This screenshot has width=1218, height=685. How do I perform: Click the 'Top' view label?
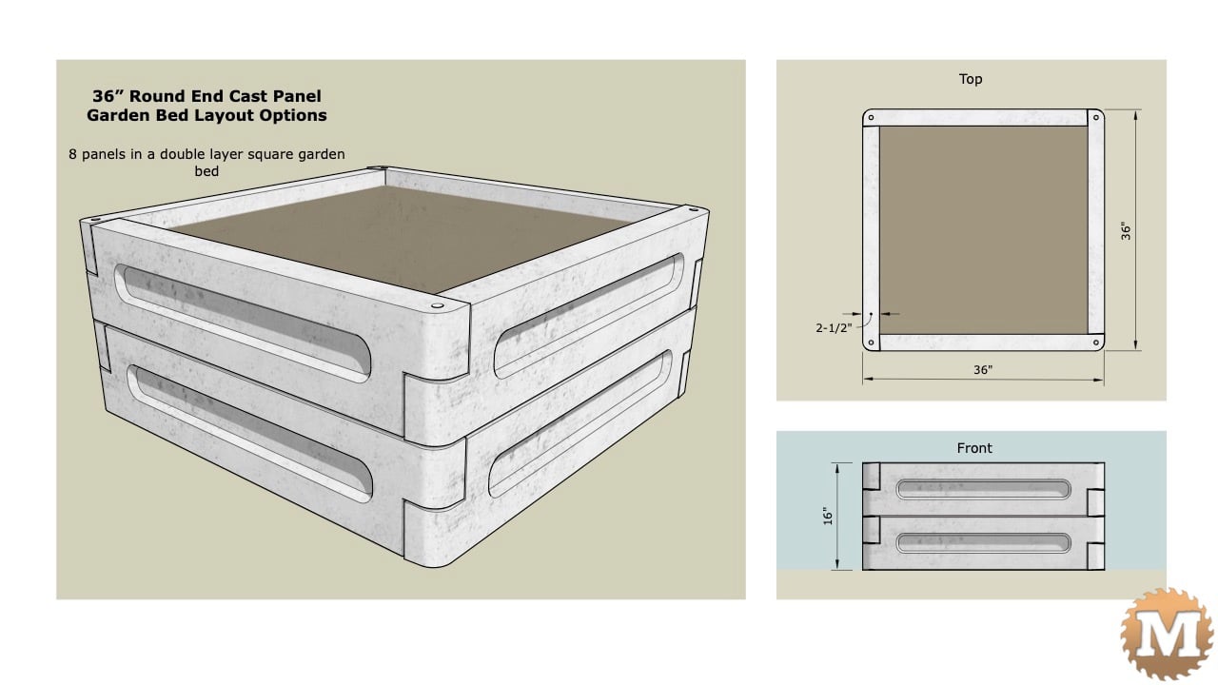(971, 79)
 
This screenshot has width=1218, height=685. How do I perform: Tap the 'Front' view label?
(974, 448)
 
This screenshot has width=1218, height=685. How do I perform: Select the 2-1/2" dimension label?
(834, 328)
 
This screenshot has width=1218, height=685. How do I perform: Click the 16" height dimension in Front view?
(828, 516)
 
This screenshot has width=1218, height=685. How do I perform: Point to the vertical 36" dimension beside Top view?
(1126, 231)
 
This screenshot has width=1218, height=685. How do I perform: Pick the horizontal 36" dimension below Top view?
(983, 370)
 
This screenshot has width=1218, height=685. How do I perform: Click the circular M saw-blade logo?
(1168, 634)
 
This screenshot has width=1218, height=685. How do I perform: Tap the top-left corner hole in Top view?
(871, 117)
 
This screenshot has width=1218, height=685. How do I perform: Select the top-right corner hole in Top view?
(1095, 117)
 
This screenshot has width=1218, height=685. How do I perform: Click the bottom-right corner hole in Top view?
(1095, 342)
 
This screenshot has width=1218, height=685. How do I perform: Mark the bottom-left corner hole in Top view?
(871, 342)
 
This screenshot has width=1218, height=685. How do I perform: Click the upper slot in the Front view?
(983, 489)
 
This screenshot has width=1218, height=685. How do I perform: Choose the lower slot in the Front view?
(983, 543)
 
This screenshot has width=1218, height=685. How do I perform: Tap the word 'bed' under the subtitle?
(206, 171)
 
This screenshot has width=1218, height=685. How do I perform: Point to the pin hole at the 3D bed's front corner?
(437, 305)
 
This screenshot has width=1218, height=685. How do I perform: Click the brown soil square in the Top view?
(983, 230)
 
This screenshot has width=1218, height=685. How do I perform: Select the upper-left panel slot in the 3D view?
(243, 323)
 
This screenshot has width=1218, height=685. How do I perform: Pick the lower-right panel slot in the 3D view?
(580, 424)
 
